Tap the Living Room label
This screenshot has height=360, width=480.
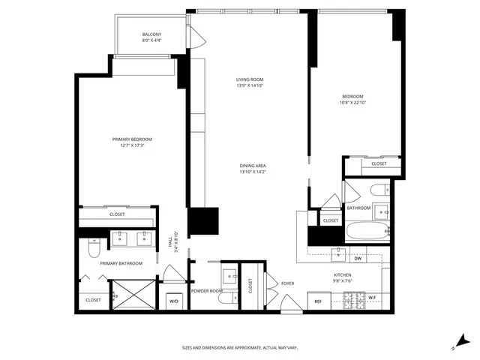pos(250,79)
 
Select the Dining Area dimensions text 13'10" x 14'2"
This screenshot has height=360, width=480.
pos(250,172)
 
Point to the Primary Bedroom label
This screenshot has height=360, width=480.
pos(132,139)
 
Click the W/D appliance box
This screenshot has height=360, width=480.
pos(174,301)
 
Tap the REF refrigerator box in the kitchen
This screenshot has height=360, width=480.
pos(318,301)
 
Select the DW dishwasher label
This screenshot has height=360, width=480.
pos(358,258)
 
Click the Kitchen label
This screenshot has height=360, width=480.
pos(343,275)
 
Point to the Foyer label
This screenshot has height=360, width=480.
pos(287,283)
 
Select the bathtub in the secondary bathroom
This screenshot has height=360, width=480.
pos(367,231)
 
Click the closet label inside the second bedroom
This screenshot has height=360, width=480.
pos(379,163)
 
